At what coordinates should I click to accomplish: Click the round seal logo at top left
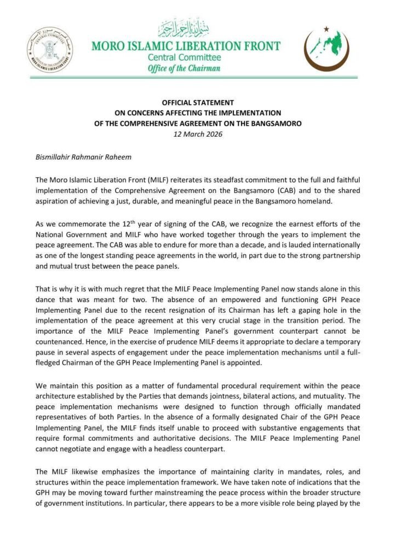49,51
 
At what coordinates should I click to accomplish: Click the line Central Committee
184,57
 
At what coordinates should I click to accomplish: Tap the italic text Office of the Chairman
184,68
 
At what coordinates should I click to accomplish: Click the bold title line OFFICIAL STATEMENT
197,102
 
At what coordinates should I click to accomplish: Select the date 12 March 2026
198,133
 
